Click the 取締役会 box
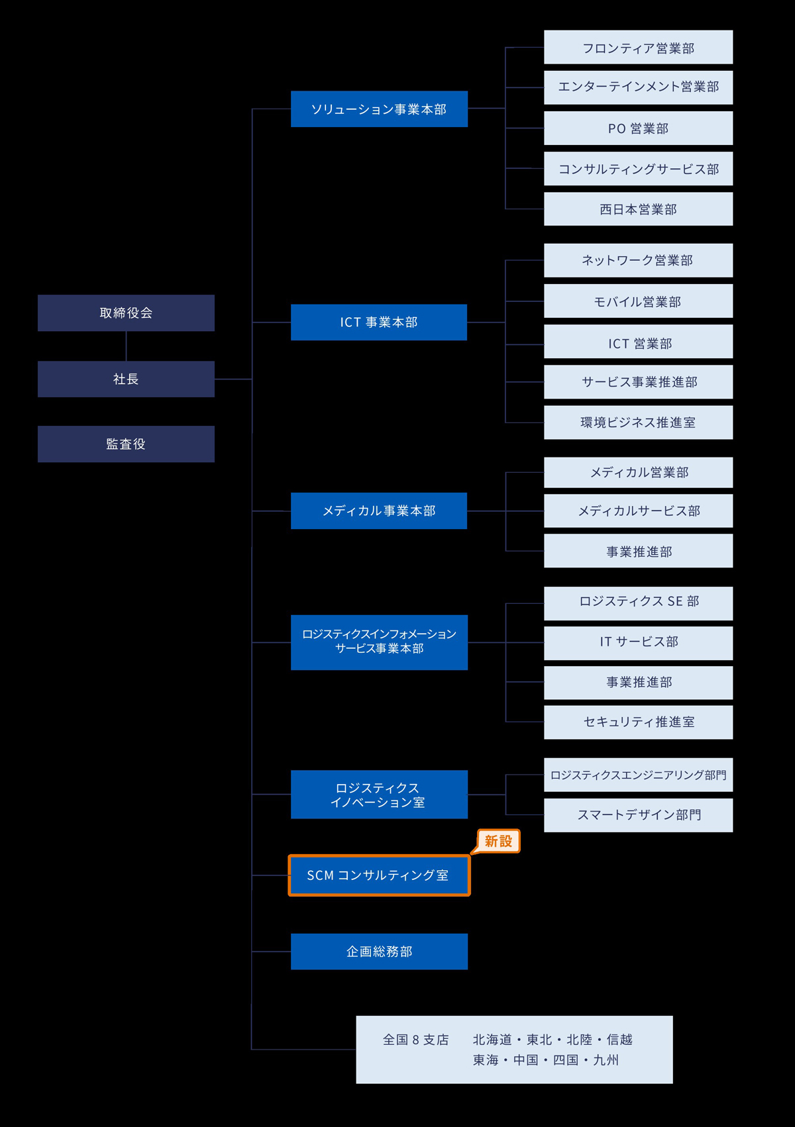pyautogui.click(x=126, y=313)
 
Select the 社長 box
pyautogui.click(x=126, y=379)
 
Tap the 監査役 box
pyautogui.click(x=126, y=444)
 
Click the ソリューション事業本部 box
pyautogui.click(x=379, y=109)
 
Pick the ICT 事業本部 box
pyautogui.click(x=379, y=322)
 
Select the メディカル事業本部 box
pyautogui.click(x=379, y=511)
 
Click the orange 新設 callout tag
pyautogui.click(x=498, y=841)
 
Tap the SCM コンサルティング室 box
pyautogui.click(x=379, y=875)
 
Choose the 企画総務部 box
pyautogui.click(x=379, y=952)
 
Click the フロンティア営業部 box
pyautogui.click(x=639, y=47)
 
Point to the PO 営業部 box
pyautogui.click(x=639, y=128)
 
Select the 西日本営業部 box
pyautogui.click(x=639, y=209)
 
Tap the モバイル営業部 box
pyautogui.click(x=639, y=301)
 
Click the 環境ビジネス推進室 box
pyautogui.click(x=639, y=422)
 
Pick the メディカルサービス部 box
pyautogui.click(x=639, y=511)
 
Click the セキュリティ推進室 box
pyautogui.click(x=639, y=722)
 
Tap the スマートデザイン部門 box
pyautogui.click(x=639, y=815)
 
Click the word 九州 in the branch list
pyautogui.click(x=606, y=1060)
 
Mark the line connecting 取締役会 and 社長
pyautogui.click(x=126, y=346)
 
